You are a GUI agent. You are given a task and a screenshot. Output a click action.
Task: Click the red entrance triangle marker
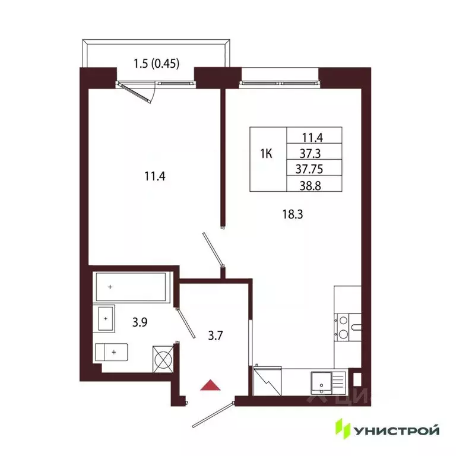tap(211, 386)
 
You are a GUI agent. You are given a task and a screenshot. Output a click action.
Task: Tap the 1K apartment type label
tap(267, 154)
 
